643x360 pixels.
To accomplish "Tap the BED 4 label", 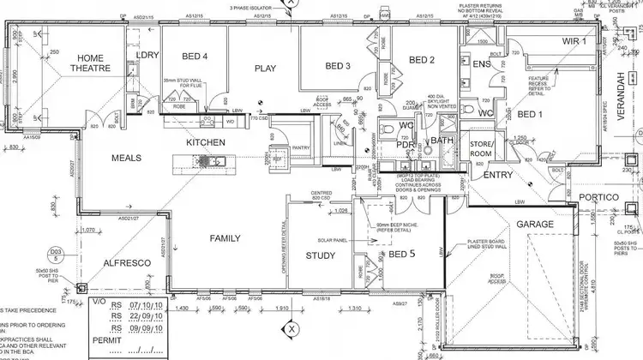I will [x=195, y=57].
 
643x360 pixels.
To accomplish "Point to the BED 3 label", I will [x=339, y=66].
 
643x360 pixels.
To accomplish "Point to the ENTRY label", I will [x=498, y=175].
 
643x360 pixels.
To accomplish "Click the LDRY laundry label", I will [x=148, y=57].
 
